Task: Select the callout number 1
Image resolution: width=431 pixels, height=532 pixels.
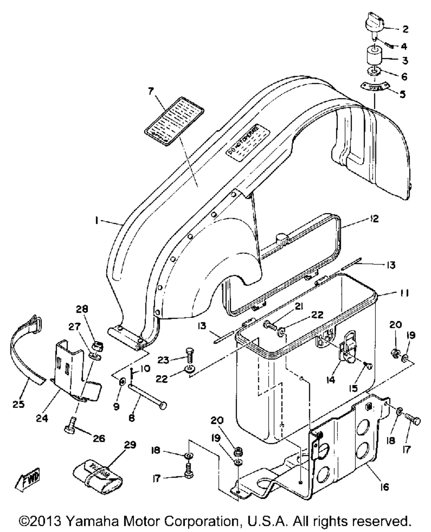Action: click(98, 221)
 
